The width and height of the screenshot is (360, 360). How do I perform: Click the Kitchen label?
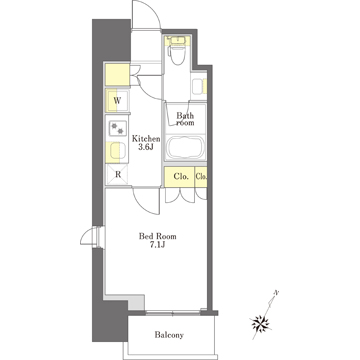[x=146, y=138]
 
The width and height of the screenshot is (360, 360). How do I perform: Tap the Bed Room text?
[x=158, y=236]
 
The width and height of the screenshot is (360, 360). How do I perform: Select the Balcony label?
[x=169, y=335]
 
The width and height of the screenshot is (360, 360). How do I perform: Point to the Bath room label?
[x=185, y=119]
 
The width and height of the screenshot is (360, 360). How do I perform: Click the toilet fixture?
[x=176, y=55]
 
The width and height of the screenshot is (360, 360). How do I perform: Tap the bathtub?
[x=185, y=148]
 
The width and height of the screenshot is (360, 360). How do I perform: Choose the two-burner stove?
[x=117, y=128]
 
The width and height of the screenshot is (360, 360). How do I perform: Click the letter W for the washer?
[x=117, y=100]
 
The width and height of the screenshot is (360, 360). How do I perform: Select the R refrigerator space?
[x=117, y=174]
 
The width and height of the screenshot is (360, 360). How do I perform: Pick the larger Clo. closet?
[x=180, y=177]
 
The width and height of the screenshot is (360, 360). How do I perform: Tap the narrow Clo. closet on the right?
[x=201, y=177]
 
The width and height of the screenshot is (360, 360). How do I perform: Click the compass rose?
[x=261, y=323]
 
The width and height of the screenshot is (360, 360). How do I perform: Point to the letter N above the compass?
[x=276, y=293]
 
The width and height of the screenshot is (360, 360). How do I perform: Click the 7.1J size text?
[x=157, y=245]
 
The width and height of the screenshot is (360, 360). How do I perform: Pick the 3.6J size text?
[x=146, y=147]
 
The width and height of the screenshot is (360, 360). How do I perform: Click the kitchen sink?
[x=117, y=151]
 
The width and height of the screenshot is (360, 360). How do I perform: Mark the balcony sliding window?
[x=173, y=313]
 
